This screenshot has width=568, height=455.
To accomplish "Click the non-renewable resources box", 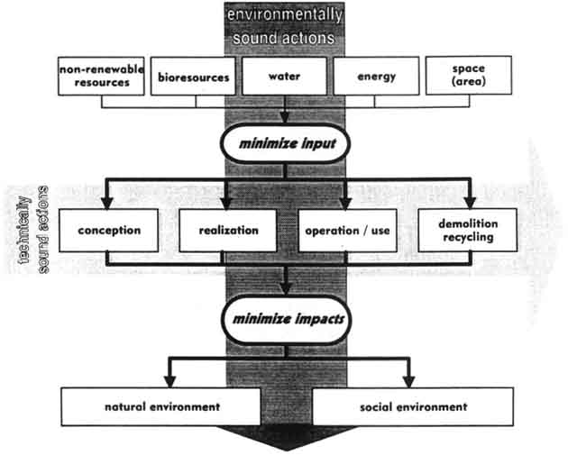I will pyautogui.click(x=102, y=76).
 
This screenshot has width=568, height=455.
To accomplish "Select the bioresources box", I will pyautogui.click(x=193, y=77).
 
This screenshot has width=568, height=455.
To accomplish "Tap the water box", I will pyautogui.click(x=285, y=77).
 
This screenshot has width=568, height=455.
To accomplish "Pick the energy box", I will pyautogui.click(x=376, y=77).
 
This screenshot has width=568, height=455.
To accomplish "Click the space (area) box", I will pyautogui.click(x=468, y=76).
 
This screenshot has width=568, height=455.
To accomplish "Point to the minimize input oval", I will pyautogui.click(x=285, y=142).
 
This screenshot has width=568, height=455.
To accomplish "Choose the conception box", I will pyautogui.click(x=109, y=230).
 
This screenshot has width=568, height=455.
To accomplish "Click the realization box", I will pyautogui.click(x=227, y=230).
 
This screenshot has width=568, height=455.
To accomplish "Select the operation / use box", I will pyautogui.click(x=347, y=230).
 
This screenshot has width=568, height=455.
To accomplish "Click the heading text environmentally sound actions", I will pyautogui.click(x=285, y=27).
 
